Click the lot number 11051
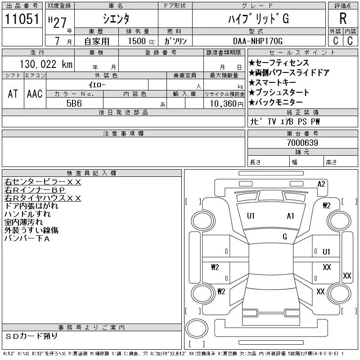(x=22, y=18)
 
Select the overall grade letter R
(x=343, y=18)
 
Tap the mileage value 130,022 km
(x=46, y=64)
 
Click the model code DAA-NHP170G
(x=257, y=41)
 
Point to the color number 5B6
(x=74, y=103)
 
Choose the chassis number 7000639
(x=302, y=143)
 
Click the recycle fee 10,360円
(x=226, y=103)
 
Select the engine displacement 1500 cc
(x=141, y=41)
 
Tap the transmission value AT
(x=13, y=94)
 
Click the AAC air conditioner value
(x=35, y=94)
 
